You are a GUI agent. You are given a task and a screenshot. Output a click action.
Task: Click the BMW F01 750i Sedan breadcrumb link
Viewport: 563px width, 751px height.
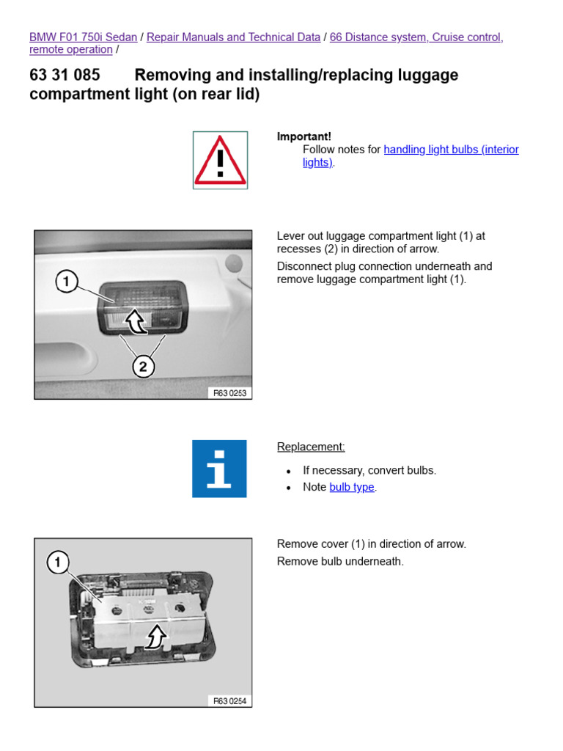coord(83,37)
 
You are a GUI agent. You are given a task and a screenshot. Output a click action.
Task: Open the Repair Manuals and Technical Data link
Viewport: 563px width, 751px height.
coord(233,37)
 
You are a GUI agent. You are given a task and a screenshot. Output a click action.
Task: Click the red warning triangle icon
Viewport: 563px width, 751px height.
coord(220,160)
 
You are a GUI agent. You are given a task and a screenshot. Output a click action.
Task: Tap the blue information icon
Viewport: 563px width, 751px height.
coord(219,469)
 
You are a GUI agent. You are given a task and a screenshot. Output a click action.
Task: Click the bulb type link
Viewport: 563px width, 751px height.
coord(352,487)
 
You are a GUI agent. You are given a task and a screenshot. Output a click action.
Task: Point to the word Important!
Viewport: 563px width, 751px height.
coord(303,136)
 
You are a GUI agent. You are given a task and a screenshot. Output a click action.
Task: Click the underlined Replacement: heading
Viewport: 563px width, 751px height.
coord(311,447)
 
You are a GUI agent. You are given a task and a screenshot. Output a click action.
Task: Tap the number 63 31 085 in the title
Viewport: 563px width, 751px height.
coord(65,75)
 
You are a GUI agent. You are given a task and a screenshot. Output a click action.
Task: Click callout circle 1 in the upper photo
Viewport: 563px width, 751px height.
coord(67,282)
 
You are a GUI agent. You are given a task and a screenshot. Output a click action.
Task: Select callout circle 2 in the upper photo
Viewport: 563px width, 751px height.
coord(144,365)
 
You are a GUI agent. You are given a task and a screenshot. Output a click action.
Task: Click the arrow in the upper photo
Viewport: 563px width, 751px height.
coord(135,320)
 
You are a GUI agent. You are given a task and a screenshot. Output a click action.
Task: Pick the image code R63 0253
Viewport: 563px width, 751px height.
coord(230,393)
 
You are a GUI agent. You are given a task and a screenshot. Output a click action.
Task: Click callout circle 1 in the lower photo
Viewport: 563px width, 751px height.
coord(58,563)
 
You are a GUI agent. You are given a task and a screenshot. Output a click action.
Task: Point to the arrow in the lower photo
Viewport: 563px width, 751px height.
coord(155,637)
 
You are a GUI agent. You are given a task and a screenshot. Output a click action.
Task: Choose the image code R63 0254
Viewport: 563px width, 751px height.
coord(230,701)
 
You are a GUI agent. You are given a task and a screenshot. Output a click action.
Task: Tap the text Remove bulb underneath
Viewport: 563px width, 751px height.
coord(340,562)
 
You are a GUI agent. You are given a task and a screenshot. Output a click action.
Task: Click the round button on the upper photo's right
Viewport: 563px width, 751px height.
coord(233,262)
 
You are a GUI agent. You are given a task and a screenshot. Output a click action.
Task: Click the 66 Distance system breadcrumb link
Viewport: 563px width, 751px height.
coord(416,37)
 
